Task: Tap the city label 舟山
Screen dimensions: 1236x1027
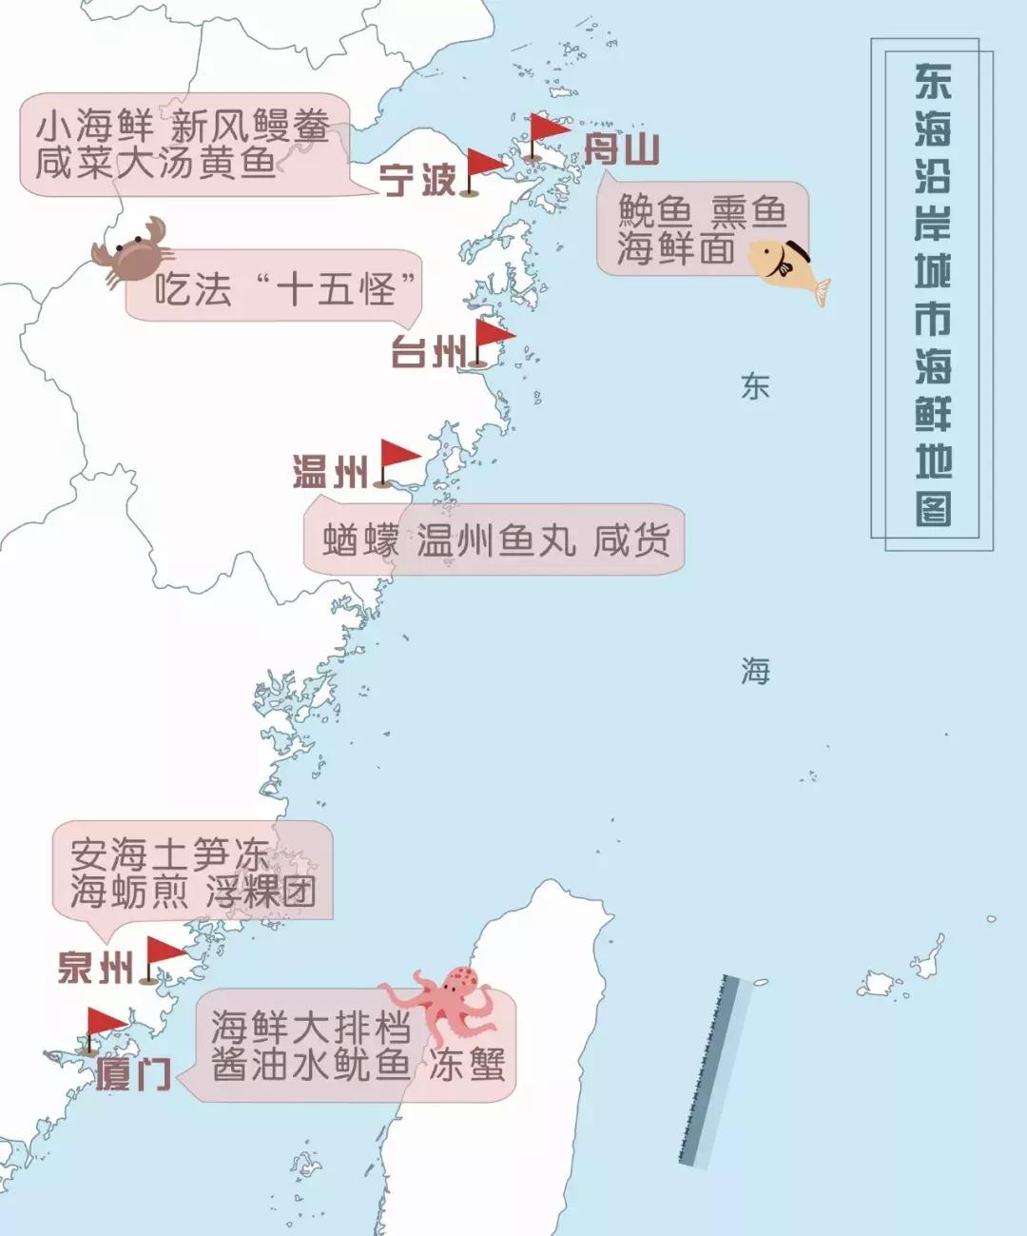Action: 621,150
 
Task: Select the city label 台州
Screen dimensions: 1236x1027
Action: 427,353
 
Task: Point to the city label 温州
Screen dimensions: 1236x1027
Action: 330,472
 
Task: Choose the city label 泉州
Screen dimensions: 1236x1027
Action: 95,968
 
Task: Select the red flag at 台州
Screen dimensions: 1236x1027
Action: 492,339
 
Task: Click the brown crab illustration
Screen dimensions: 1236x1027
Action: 133,250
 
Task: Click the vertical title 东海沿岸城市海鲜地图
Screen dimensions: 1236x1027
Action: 933,295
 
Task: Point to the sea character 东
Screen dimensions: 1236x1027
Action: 755,386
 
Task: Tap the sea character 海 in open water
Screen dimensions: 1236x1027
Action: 755,672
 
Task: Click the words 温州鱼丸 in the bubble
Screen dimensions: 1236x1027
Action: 495,540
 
